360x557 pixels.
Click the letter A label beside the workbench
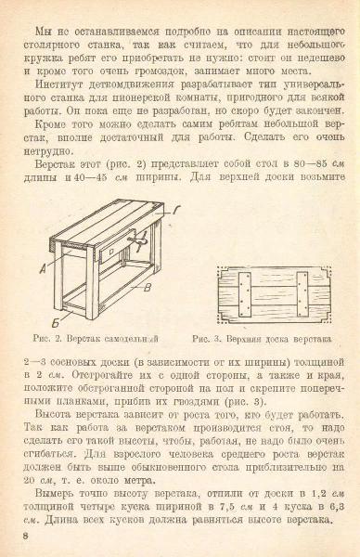click(43, 270)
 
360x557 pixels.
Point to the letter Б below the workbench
click(56, 323)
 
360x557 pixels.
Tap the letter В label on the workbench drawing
click(148, 288)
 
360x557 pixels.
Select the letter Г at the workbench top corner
click(177, 210)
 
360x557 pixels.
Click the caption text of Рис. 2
click(96, 338)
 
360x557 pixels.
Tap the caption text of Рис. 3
click(262, 339)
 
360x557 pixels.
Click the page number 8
click(26, 536)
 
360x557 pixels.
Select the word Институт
click(59, 84)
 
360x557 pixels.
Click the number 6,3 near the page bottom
click(337, 507)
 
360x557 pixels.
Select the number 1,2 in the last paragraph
click(318, 494)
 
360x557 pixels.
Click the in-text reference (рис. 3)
click(245, 402)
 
